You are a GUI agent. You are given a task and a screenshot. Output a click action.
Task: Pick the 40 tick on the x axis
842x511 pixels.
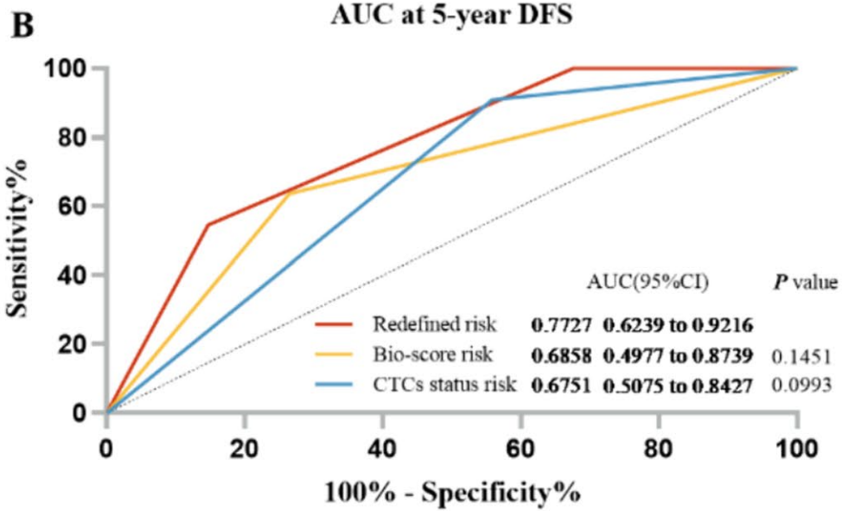point(382,449)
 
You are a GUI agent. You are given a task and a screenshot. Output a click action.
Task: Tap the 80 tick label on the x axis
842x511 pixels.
point(659,449)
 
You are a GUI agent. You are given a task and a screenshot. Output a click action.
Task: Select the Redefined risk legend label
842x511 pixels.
point(435,325)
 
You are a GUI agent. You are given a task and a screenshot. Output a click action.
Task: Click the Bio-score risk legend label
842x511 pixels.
point(434,355)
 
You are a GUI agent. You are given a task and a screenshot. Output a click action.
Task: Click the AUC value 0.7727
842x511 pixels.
point(560,326)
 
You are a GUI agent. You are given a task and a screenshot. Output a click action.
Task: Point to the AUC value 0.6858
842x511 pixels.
point(560,355)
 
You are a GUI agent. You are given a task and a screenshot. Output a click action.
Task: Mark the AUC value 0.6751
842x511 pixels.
point(560,385)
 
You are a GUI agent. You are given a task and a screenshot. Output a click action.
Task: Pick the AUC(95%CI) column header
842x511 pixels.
point(648,283)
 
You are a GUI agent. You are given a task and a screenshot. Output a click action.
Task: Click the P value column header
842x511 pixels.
point(803,283)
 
